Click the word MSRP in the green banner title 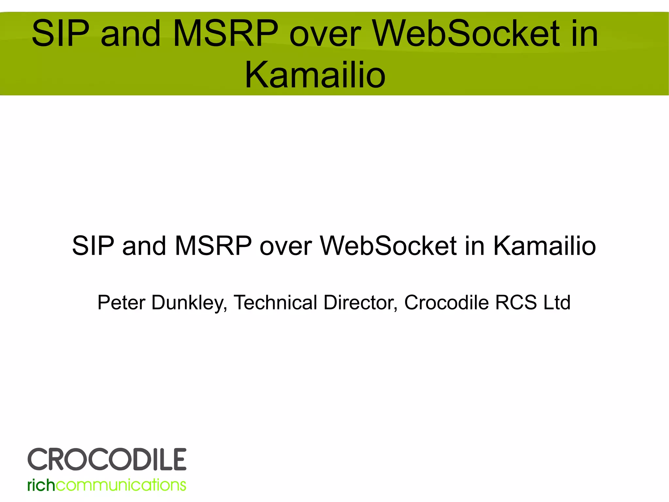(225, 34)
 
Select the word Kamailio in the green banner (315, 75)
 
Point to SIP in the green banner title (60, 34)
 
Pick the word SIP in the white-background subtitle (93, 246)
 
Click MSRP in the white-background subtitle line (213, 246)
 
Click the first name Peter (121, 303)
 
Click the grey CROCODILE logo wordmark (107, 459)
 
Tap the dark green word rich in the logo (41, 485)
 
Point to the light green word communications (121, 485)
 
